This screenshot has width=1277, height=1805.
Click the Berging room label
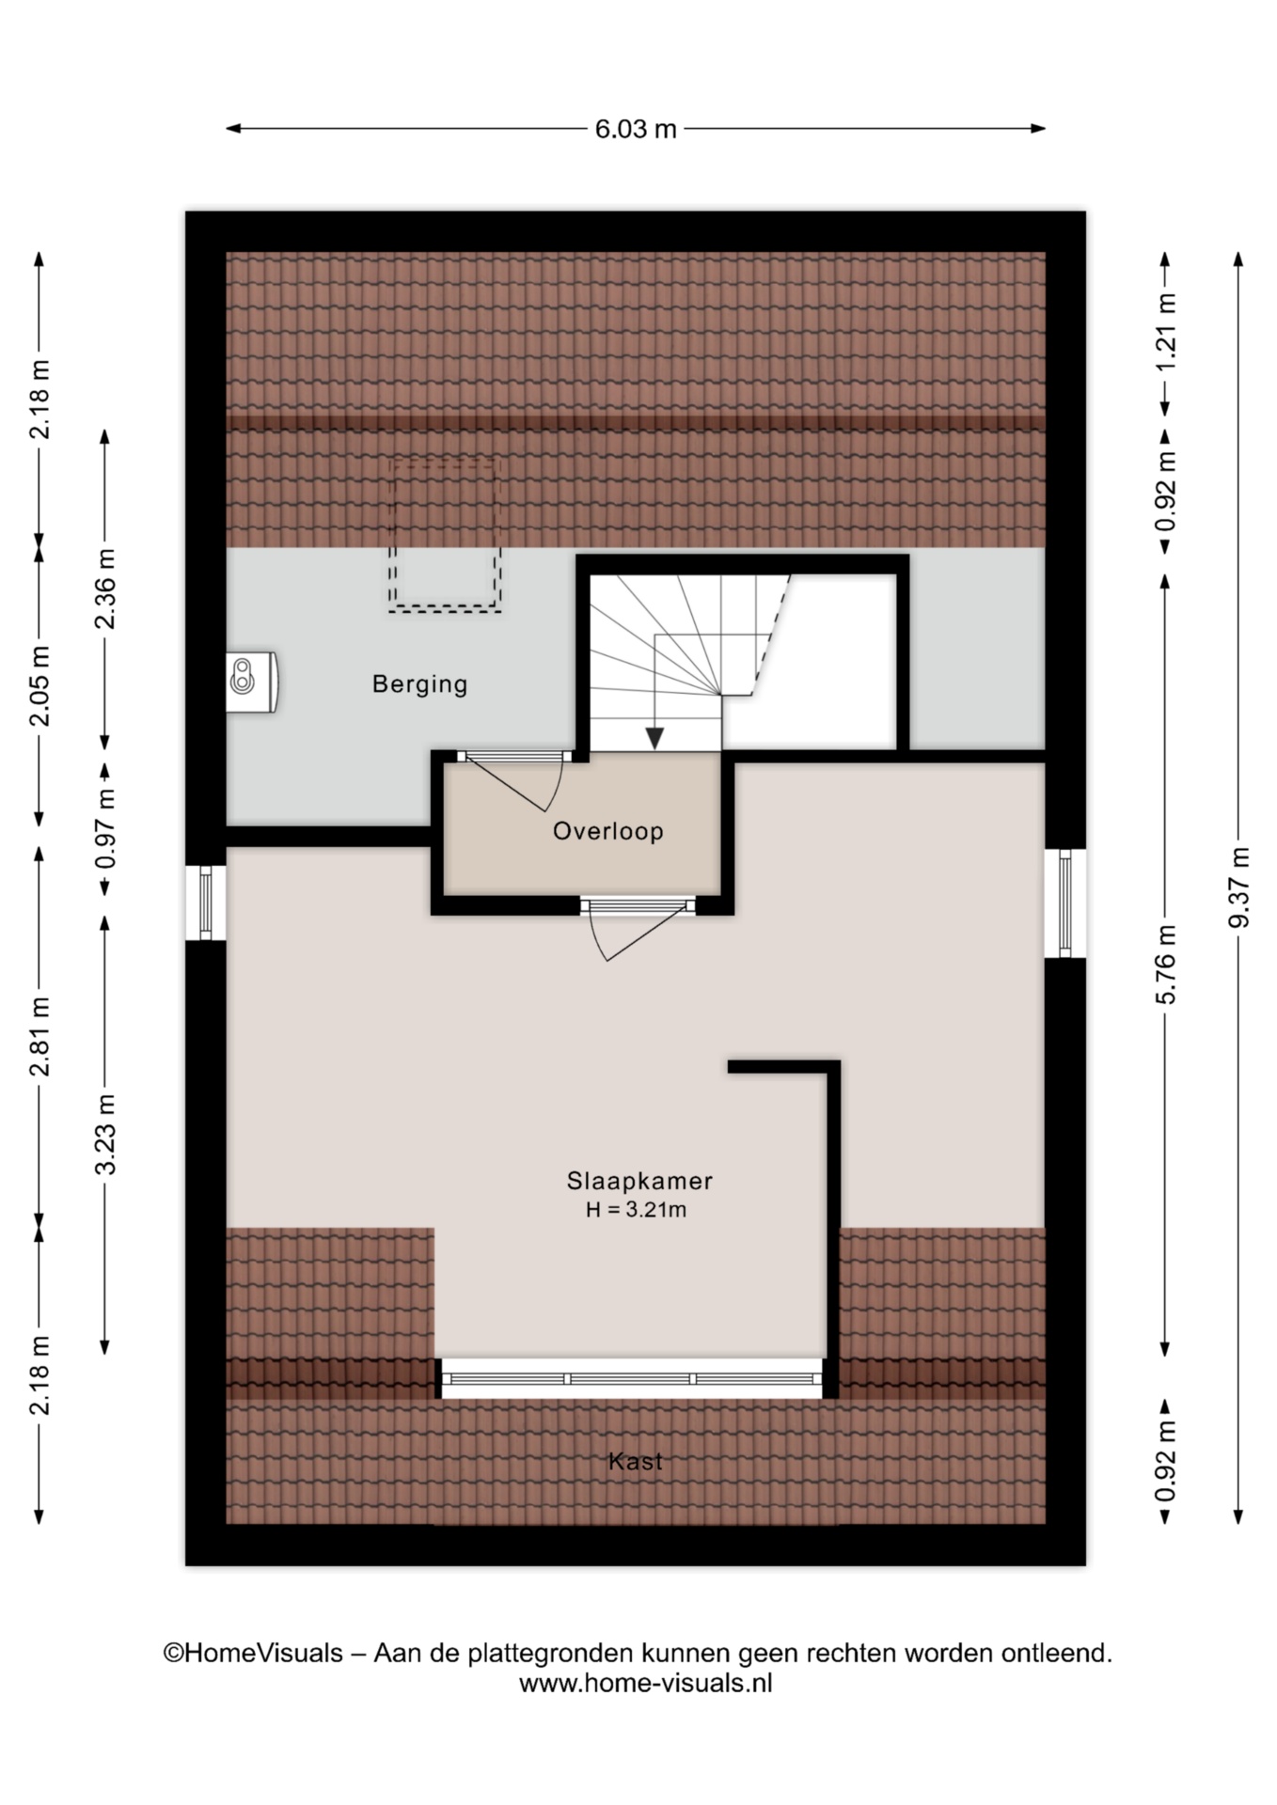tap(419, 684)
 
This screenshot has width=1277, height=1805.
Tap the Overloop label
tap(608, 831)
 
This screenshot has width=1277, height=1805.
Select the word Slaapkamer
tap(639, 1181)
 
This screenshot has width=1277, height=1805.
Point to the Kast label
tap(636, 1461)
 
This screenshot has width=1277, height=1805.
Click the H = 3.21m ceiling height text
tap(637, 1210)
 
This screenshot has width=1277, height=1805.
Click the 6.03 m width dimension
tap(636, 129)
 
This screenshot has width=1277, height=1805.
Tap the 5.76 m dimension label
tap(1166, 965)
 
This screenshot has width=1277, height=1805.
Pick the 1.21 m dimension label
tap(1166, 332)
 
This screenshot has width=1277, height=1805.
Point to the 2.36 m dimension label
tap(104, 589)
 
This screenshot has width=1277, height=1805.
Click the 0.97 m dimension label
tap(104, 828)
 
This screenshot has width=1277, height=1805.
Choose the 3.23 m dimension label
tap(104, 1135)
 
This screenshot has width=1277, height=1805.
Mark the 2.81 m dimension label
tap(39, 1037)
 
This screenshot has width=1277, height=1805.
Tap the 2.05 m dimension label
tap(39, 686)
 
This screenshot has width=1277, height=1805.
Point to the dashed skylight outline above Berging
tap(445, 535)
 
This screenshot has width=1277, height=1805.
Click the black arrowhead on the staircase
tap(654, 739)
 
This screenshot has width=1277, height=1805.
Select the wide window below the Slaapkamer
tap(632, 1379)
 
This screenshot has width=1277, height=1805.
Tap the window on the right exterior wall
tap(1065, 903)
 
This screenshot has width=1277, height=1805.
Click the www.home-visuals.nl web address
tap(645, 1684)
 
